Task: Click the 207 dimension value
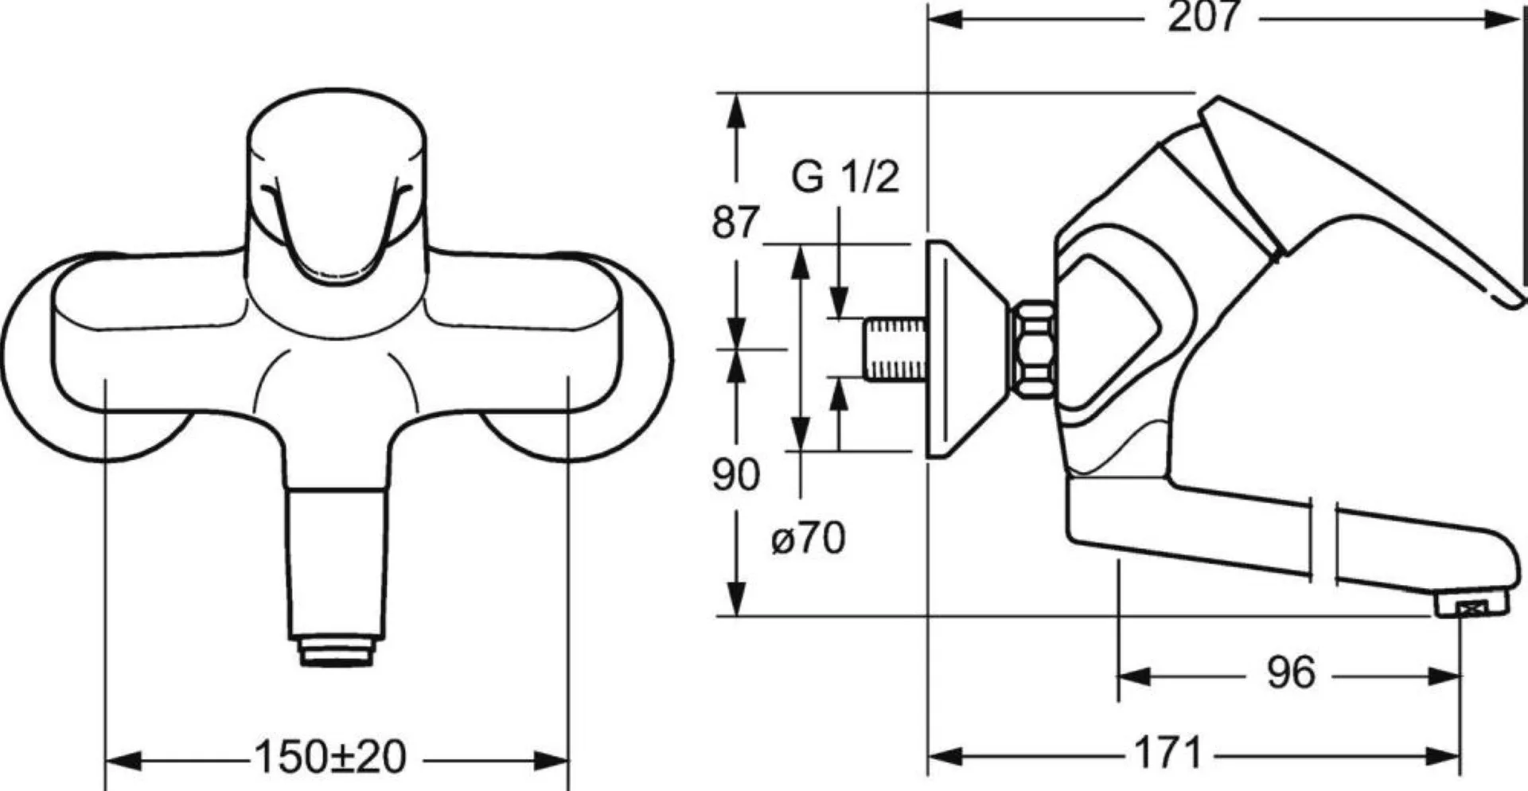tap(1203, 17)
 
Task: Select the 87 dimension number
tap(735, 222)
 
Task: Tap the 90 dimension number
tap(735, 475)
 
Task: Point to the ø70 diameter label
tap(808, 539)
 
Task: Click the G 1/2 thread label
tap(845, 176)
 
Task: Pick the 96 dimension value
tap(1290, 673)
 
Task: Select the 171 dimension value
tap(1167, 751)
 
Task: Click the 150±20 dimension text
tap(330, 757)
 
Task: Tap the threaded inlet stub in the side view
tap(896, 349)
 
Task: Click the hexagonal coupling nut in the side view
tap(1032, 348)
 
